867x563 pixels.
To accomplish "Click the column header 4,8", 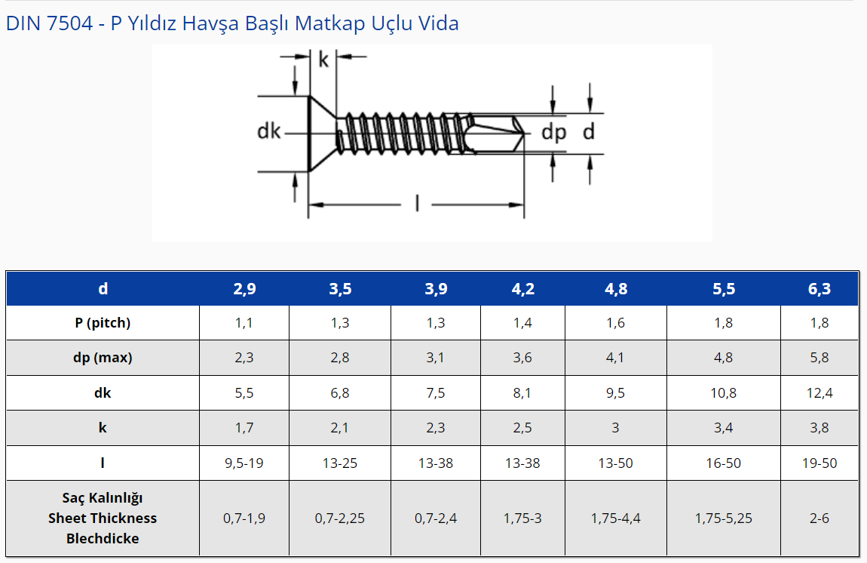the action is [x=616, y=289].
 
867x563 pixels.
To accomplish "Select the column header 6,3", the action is [x=820, y=289].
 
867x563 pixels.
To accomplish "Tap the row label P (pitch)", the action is [x=103, y=323].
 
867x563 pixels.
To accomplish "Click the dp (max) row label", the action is [x=103, y=358].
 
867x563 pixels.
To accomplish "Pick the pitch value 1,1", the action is [x=244, y=323].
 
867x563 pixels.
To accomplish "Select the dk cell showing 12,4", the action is [x=820, y=393].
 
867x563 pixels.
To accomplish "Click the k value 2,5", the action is [x=522, y=428].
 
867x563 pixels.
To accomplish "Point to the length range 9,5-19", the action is [x=244, y=463].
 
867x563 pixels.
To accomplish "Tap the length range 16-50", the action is [x=723, y=463].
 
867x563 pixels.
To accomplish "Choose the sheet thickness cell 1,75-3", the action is [x=522, y=518].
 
